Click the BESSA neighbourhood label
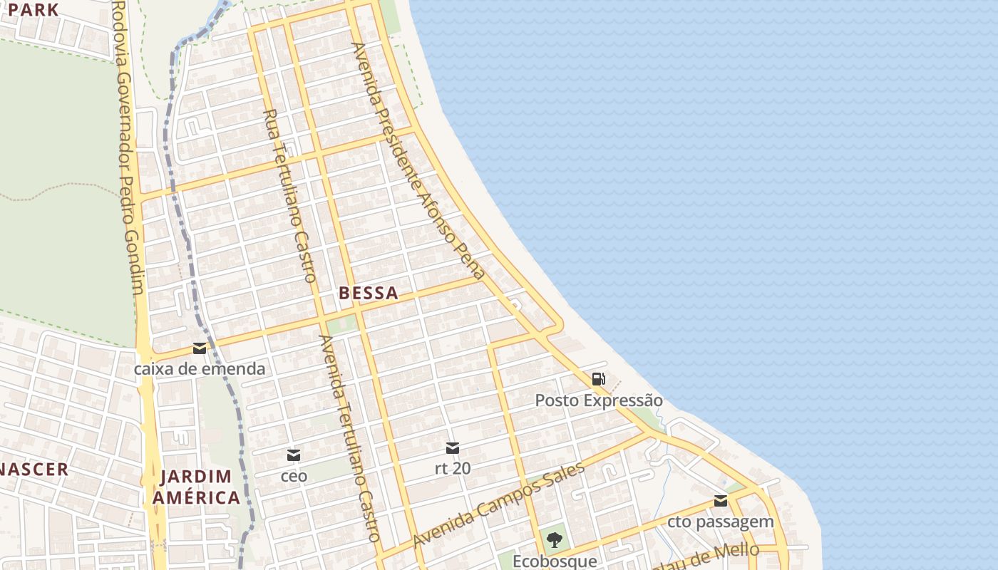click(x=368, y=293)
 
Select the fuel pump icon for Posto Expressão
click(x=599, y=379)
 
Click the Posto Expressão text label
click(x=599, y=400)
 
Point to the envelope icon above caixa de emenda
click(x=200, y=348)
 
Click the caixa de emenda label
click(x=200, y=369)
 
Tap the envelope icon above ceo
click(x=294, y=455)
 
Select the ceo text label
click(x=294, y=475)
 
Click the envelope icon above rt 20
click(x=453, y=448)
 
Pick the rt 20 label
click(x=453, y=469)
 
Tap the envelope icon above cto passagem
click(x=721, y=501)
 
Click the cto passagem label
click(x=721, y=522)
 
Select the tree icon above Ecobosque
click(x=555, y=539)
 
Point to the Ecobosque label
click(x=555, y=561)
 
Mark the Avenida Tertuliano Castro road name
click(x=349, y=438)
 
